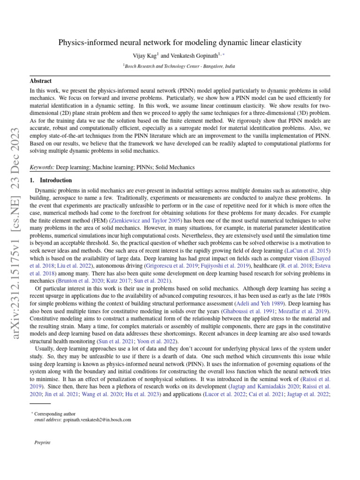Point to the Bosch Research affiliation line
click(x=180, y=67)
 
